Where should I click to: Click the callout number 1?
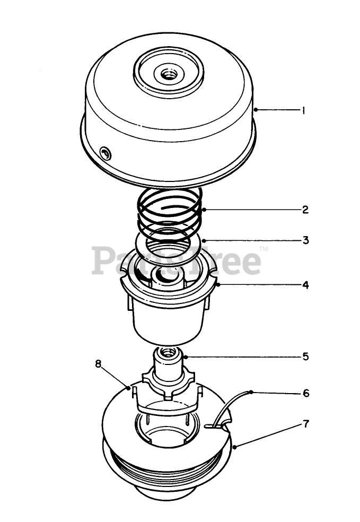(303, 110)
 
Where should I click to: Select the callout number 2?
(305, 210)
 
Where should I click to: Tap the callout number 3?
(305, 240)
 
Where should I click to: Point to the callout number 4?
(305, 285)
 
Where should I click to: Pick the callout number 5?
(305, 356)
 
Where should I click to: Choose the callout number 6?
(306, 393)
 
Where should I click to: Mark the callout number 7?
(306, 424)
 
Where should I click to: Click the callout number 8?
(98, 363)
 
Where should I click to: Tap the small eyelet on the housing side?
(106, 154)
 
